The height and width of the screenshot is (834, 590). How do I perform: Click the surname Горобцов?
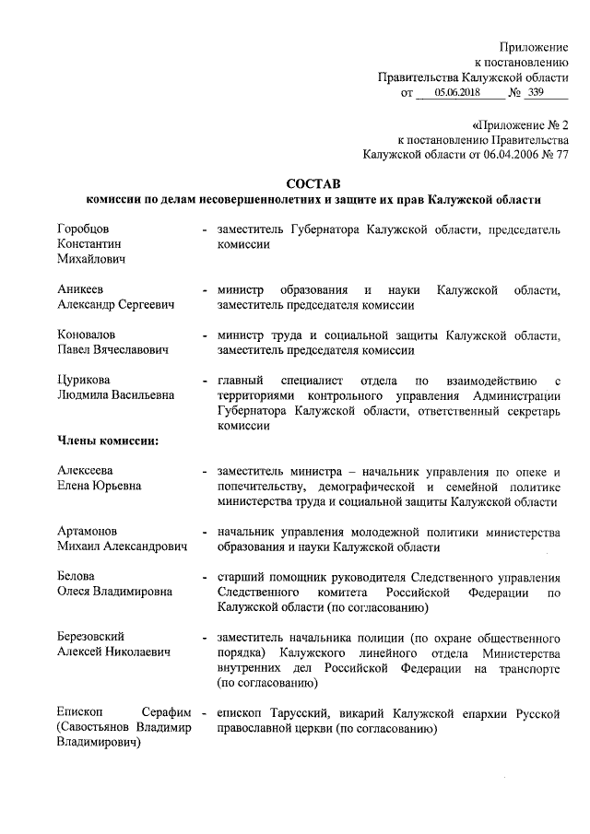point(83,228)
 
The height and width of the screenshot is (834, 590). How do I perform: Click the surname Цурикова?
point(84,380)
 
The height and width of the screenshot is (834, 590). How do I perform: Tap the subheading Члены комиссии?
point(107,440)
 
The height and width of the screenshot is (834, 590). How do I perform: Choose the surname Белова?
point(76,576)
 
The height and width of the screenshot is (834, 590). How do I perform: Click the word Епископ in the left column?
point(79,712)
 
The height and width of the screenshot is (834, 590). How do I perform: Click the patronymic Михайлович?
point(90,259)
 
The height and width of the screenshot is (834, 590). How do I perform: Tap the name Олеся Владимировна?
point(114,592)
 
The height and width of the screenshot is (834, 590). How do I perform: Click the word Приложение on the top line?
point(534,46)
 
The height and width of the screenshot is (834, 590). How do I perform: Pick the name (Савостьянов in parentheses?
point(99,728)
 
